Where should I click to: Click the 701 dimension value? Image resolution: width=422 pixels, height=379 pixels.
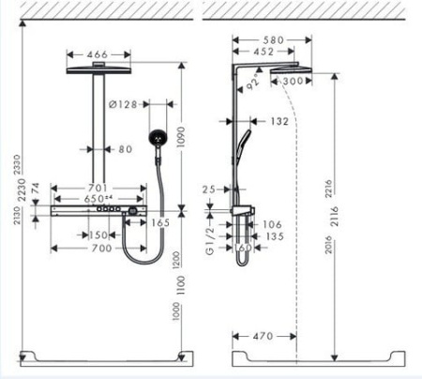tap(96, 188)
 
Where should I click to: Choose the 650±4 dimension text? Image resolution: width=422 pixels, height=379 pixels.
tap(97, 200)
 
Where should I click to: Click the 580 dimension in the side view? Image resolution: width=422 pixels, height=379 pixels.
tap(273, 40)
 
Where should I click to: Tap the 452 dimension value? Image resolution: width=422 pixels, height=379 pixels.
tap(264, 53)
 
